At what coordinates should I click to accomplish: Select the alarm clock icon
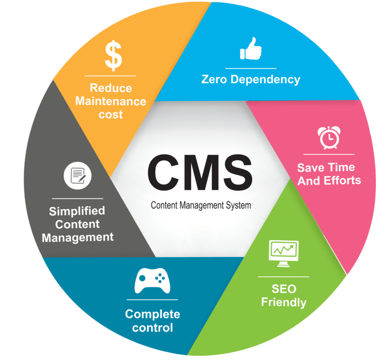click(329, 138)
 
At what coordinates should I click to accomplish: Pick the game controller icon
click(152, 281)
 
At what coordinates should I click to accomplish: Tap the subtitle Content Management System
click(201, 206)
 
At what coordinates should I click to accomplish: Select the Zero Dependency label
click(251, 80)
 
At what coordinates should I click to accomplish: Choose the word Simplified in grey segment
click(77, 211)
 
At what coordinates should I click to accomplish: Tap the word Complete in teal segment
click(153, 314)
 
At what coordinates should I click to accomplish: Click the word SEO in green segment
click(284, 289)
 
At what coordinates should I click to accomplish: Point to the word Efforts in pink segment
click(340, 180)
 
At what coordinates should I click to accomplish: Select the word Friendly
click(284, 302)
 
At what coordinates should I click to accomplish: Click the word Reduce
click(111, 88)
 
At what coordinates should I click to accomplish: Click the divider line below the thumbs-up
click(251, 68)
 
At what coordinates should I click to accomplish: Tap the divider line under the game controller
click(153, 299)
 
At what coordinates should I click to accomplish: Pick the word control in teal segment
click(153, 328)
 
